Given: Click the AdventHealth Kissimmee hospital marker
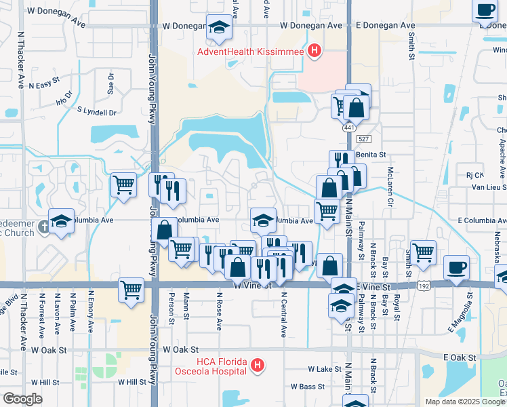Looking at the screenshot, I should click(314, 50).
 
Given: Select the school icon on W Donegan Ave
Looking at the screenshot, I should click(218, 28).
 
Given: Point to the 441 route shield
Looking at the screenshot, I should click(348, 128).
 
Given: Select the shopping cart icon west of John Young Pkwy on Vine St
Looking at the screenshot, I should click(131, 290).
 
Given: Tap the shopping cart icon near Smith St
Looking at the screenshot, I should click(423, 252).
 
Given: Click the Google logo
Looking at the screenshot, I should click(23, 399).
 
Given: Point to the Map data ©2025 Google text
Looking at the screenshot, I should click(465, 402).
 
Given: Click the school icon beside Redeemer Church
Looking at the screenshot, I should click(61, 221).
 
